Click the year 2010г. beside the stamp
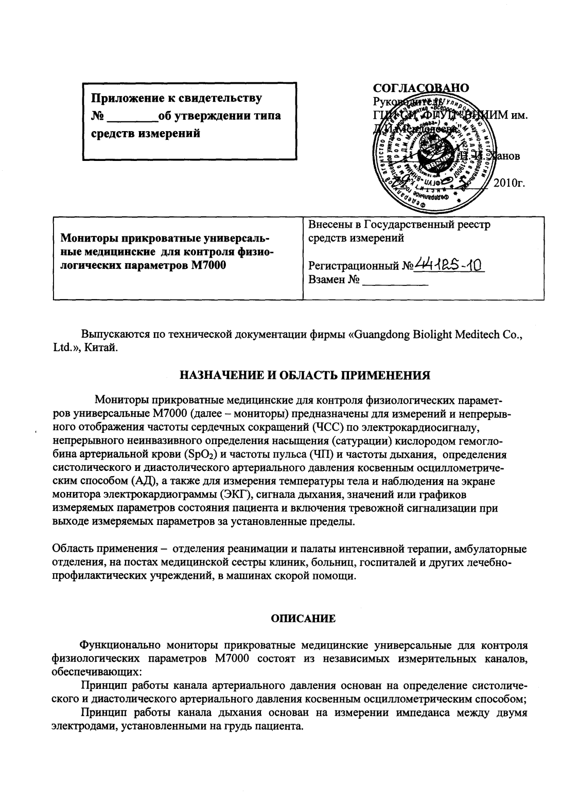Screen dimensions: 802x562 click(x=508, y=183)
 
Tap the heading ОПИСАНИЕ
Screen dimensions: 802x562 click(x=304, y=619)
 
